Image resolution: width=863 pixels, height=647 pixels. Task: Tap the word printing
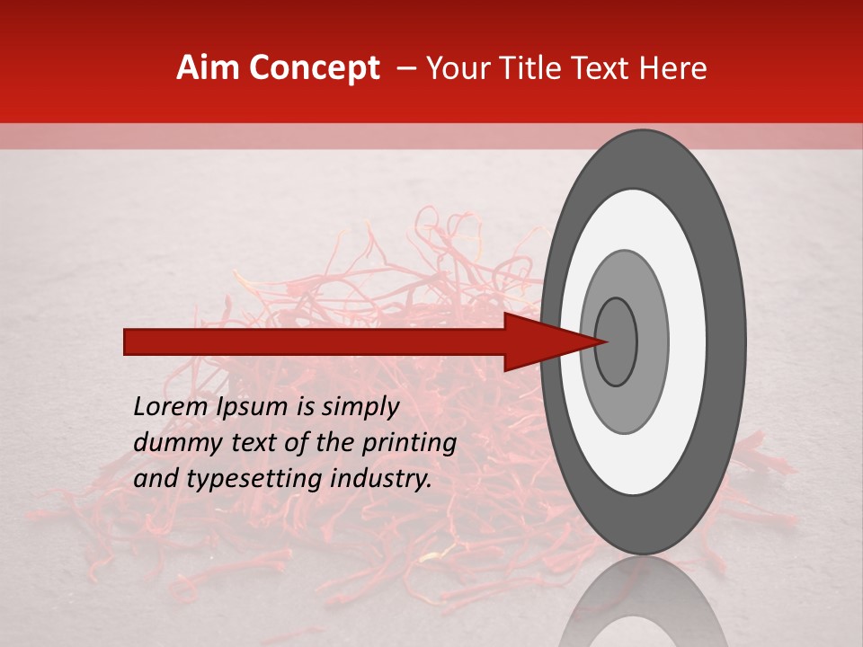coord(409,442)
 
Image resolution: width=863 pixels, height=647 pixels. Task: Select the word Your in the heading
coord(453,68)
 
